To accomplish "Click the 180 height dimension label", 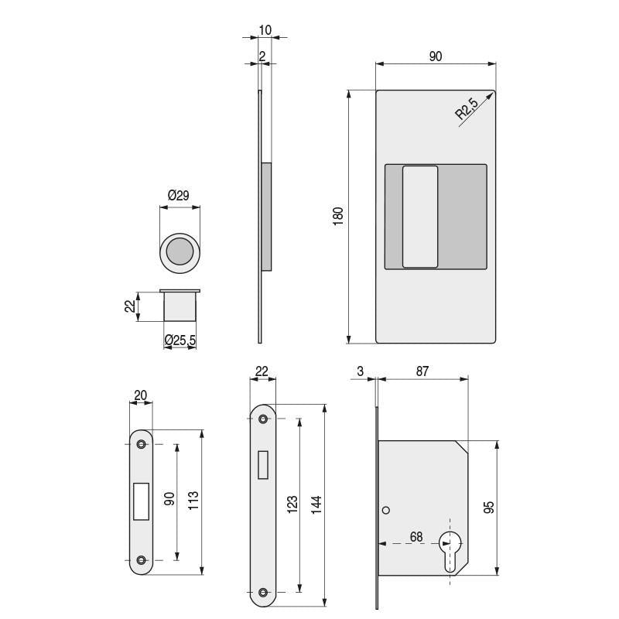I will coord(338,216).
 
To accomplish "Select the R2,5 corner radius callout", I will coord(467,108).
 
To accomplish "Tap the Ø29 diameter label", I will coord(179,197).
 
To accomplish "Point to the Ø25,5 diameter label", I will coord(180,339).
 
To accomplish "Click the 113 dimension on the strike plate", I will coord(194,502).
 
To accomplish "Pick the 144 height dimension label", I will coord(316,504).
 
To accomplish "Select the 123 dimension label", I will coord(292,505).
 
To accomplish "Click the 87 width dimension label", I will coord(422,371).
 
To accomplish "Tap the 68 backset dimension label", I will coord(416,536).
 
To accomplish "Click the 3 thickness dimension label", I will coord(361,371).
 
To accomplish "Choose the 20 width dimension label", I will coord(140,395).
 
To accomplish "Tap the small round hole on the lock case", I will coord(385,510).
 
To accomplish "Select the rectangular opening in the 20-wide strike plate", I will coord(141,501).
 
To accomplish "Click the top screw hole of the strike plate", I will coord(141,444).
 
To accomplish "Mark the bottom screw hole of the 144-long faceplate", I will coord(262,592).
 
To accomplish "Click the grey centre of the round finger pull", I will coord(180,252).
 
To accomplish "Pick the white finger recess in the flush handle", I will coord(419,216).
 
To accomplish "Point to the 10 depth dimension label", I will coord(265,30).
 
